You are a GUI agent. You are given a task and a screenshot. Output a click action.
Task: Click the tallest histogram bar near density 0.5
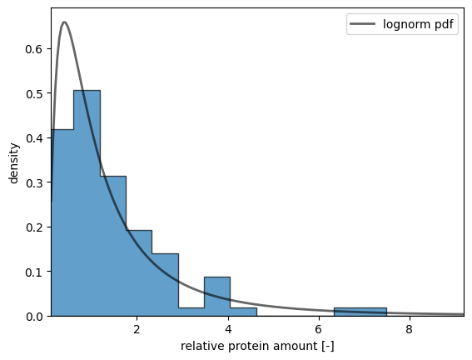pyautogui.click(x=87, y=203)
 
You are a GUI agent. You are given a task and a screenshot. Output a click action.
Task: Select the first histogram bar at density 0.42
pyautogui.click(x=62, y=222)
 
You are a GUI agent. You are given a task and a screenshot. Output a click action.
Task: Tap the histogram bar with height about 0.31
pyautogui.click(x=113, y=246)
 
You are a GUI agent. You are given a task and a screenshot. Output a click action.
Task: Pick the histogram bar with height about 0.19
pyautogui.click(x=139, y=273)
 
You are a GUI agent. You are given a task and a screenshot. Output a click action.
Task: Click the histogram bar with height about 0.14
pyautogui.click(x=166, y=285)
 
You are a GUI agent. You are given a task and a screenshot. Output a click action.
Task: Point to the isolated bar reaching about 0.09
pyautogui.click(x=217, y=297)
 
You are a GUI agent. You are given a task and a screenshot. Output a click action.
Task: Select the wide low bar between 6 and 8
pyautogui.click(x=360, y=312)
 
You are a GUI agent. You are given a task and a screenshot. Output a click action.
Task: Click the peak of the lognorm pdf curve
pyautogui.click(x=64, y=22)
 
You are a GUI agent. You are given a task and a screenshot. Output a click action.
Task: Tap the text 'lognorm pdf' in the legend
pyautogui.click(x=418, y=24)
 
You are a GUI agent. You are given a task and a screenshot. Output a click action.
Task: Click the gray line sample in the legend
pyautogui.click(x=363, y=24)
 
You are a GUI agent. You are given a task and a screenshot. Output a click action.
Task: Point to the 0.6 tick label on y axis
pyautogui.click(x=33, y=49)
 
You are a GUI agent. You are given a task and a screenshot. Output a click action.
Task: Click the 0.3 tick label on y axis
pyautogui.click(x=33, y=182)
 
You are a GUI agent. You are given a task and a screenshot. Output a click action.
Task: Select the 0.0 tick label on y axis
pyautogui.click(x=33, y=317)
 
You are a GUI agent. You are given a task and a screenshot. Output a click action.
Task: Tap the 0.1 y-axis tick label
pyautogui.click(x=33, y=272)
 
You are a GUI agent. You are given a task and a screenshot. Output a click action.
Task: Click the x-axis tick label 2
pyautogui.click(x=137, y=329)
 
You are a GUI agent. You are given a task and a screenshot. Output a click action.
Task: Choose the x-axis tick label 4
pyautogui.click(x=228, y=329)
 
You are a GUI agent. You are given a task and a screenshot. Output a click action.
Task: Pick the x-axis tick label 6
pyautogui.click(x=319, y=329)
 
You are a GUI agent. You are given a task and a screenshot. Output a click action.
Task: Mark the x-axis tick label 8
pyautogui.click(x=410, y=329)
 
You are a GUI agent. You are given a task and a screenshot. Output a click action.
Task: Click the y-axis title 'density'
pyautogui.click(x=14, y=163)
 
